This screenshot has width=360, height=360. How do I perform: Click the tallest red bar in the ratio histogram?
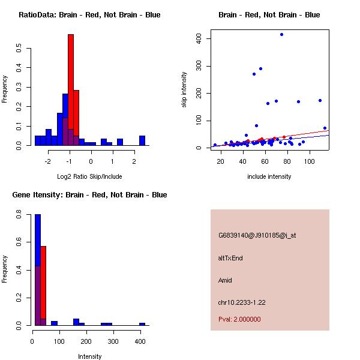pos(71,90)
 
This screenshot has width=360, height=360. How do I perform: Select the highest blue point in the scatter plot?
pos(281,35)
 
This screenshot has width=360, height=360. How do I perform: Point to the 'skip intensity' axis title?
pos(184,90)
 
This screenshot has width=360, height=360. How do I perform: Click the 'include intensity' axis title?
pos(269,176)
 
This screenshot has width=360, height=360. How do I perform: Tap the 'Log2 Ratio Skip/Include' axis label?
pos(89,176)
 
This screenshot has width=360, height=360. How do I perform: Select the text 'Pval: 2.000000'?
pos(239,319)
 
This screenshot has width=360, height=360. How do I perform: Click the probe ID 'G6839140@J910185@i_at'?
pos(257,235)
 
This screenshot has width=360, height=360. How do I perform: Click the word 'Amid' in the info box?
pos(225,280)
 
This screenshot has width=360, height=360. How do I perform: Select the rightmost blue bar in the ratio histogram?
pos(142,141)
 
